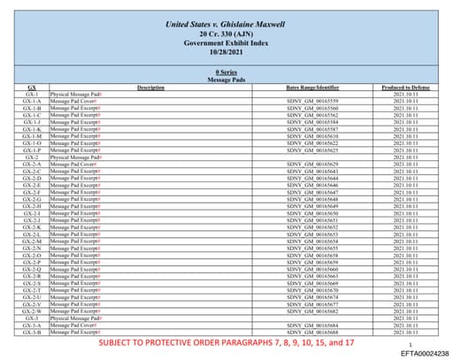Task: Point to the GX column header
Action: coord(32,87)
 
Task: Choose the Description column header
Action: coord(151,87)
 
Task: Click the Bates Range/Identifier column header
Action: coord(313,87)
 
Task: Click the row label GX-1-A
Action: coord(32,101)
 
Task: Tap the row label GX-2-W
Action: coord(32,310)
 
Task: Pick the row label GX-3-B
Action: coord(32,332)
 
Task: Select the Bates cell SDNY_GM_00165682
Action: coord(313,310)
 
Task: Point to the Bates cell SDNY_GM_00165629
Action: coord(313,165)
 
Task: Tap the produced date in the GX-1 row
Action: coord(405,94)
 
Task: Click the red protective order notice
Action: coord(226,341)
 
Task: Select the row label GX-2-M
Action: coord(32,241)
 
